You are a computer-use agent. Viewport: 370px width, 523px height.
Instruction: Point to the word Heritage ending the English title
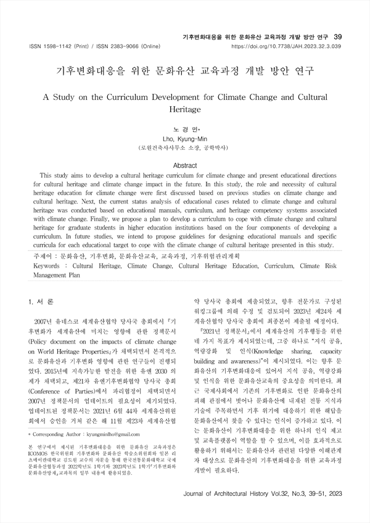[x=185, y=109]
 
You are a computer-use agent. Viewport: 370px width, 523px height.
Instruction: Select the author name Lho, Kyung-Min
[x=185, y=139]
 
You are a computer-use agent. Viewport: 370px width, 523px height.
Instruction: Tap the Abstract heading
[x=185, y=166]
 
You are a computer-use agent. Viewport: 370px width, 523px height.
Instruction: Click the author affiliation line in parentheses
[x=185, y=149]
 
